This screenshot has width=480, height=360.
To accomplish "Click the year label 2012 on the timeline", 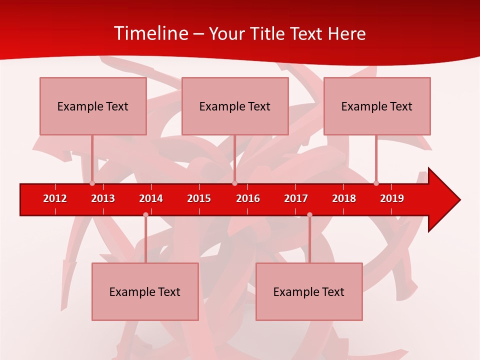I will pyautogui.click(x=55, y=198).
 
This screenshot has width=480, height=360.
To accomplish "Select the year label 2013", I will pyautogui.click(x=103, y=198).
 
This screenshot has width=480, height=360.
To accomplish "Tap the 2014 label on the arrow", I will pyautogui.click(x=151, y=198).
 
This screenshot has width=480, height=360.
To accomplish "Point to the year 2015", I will pyautogui.click(x=199, y=198).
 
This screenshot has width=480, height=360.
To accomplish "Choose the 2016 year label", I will pyautogui.click(x=248, y=198).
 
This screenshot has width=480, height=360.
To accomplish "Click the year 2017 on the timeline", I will pyautogui.click(x=296, y=198).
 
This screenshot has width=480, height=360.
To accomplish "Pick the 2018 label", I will pyautogui.click(x=344, y=198).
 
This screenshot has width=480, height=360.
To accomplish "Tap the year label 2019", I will pyautogui.click(x=392, y=198).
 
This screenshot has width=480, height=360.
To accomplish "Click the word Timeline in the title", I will pyautogui.click(x=150, y=33).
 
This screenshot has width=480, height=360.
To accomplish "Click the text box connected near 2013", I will pyautogui.click(x=93, y=106).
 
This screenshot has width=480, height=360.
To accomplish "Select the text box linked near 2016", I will pyautogui.click(x=235, y=106).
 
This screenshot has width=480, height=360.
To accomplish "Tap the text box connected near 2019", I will pyautogui.click(x=377, y=106).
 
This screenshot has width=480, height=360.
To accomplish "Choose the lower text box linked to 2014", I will pyautogui.click(x=145, y=291).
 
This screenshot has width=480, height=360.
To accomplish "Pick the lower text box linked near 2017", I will pyautogui.click(x=309, y=291).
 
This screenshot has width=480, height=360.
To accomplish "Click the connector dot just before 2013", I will pyautogui.click(x=92, y=183).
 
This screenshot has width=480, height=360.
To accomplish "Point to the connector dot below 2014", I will pyautogui.click(x=145, y=215).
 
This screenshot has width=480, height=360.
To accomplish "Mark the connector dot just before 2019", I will pyautogui.click(x=376, y=183).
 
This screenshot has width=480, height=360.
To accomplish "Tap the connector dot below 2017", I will pyautogui.click(x=309, y=215).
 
